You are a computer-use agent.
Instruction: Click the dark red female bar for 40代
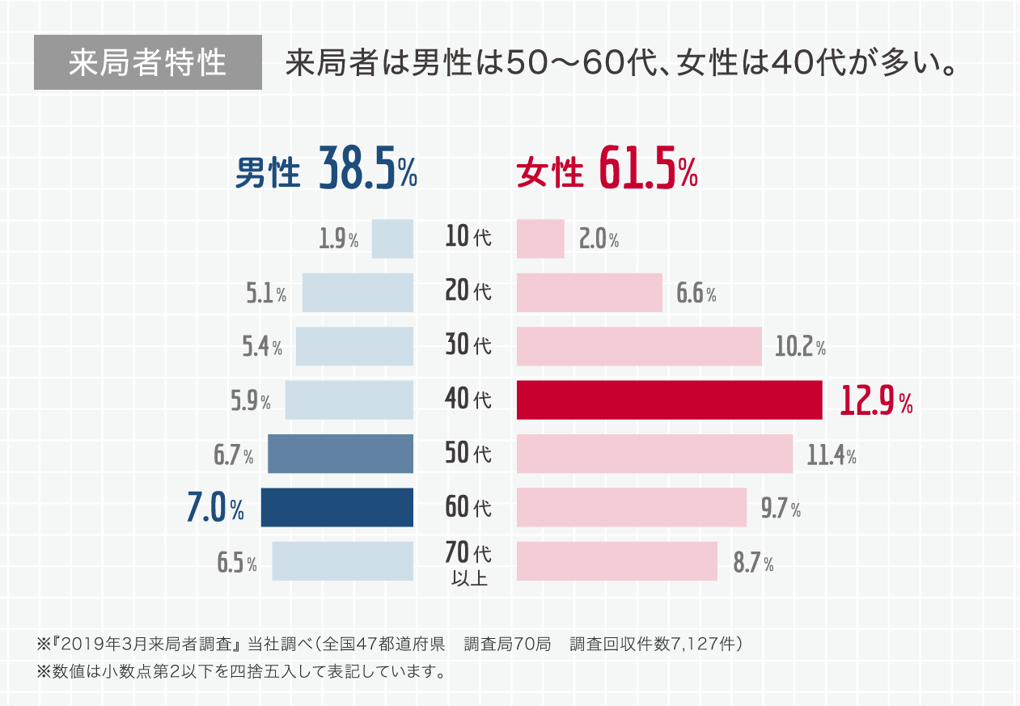(x=669, y=400)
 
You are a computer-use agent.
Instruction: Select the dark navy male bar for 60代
(x=336, y=508)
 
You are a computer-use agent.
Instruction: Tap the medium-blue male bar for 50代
(x=340, y=454)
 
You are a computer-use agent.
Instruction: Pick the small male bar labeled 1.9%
(x=392, y=239)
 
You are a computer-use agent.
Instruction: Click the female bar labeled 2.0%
(x=540, y=239)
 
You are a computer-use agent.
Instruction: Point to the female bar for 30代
(x=639, y=346)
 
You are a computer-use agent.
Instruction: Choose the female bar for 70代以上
(x=616, y=561)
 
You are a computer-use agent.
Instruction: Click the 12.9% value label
(x=876, y=401)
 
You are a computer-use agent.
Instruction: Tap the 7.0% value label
(x=215, y=509)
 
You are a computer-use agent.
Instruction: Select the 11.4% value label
(x=832, y=456)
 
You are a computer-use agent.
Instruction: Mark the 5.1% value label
(x=265, y=294)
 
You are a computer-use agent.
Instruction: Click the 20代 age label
(x=468, y=291)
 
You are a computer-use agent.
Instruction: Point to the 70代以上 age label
(x=468, y=564)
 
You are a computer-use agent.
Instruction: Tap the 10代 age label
(x=468, y=238)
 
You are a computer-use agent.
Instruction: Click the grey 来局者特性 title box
(x=148, y=62)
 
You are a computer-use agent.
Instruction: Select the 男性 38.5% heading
(x=326, y=170)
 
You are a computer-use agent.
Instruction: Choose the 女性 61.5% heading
(x=607, y=170)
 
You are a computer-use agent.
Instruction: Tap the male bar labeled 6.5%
(x=342, y=561)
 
